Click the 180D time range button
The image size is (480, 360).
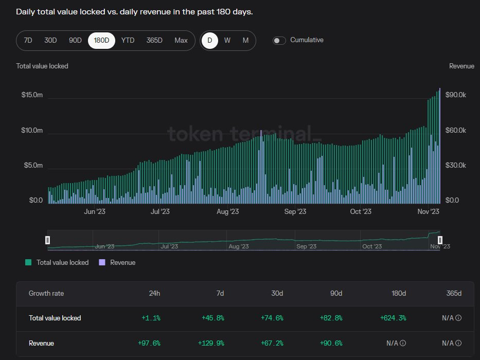101,40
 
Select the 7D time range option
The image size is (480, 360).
28,40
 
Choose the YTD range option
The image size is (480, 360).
128,40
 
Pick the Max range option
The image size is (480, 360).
181,40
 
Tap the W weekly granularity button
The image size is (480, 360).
227,40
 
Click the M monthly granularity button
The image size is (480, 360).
245,40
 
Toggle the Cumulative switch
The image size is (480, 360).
279,41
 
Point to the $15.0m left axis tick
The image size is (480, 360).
32,95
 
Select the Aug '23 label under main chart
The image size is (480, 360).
227,211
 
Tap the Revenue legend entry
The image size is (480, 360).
122,262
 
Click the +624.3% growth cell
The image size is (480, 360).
393,318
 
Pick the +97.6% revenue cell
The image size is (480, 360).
149,343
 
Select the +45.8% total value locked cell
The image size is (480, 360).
214,318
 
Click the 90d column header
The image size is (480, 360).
336,293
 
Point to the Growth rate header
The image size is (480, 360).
46,293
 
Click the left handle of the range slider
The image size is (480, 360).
47,240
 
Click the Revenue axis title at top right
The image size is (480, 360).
461,66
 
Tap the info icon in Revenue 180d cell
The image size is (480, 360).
403,343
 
